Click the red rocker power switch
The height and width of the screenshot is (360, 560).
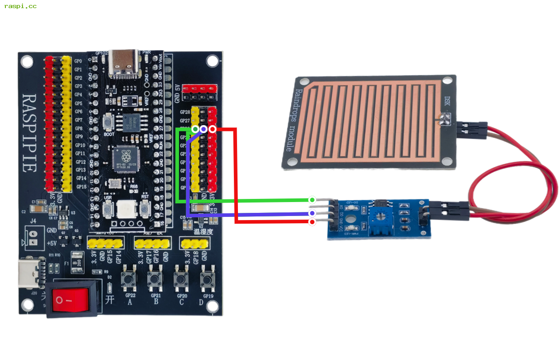(x=70, y=299)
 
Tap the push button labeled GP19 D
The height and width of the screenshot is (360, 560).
(x=207, y=280)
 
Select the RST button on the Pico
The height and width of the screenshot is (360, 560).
(x=145, y=207)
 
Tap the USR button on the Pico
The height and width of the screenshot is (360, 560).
(x=108, y=207)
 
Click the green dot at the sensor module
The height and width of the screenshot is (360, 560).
(x=312, y=199)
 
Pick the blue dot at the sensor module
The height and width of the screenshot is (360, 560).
(x=312, y=213)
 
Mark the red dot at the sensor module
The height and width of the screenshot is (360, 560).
(x=312, y=222)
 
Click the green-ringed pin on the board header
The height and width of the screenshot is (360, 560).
(x=195, y=129)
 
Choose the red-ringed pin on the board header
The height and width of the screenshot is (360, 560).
(x=212, y=129)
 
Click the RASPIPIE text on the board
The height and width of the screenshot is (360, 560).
(x=29, y=133)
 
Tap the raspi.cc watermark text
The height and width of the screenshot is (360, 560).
(x=20, y=6)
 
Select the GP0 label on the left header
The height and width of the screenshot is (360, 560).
(x=78, y=61)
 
